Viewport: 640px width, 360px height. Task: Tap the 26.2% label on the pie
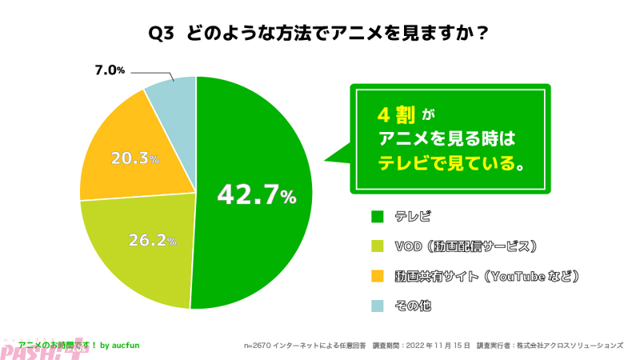152,239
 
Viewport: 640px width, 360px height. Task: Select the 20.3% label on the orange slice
134,158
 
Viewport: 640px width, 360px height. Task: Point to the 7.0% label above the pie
110,70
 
